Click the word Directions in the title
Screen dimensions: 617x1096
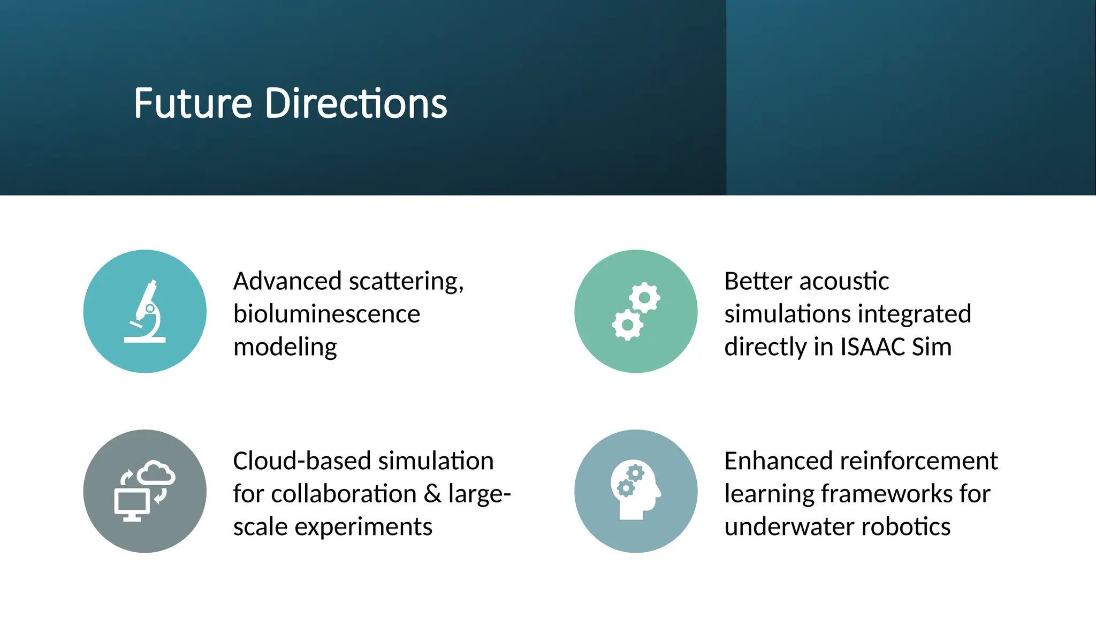click(x=356, y=103)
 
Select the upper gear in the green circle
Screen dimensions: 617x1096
click(x=644, y=297)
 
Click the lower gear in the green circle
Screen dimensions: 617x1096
click(x=627, y=325)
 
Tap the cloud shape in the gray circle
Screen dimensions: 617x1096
click(x=156, y=473)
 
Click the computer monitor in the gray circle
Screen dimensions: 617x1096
click(x=132, y=504)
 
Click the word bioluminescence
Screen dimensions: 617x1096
click(x=326, y=314)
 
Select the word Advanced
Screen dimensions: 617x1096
click(x=287, y=281)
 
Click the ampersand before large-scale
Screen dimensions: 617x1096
click(x=432, y=494)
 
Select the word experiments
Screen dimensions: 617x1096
click(x=363, y=527)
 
